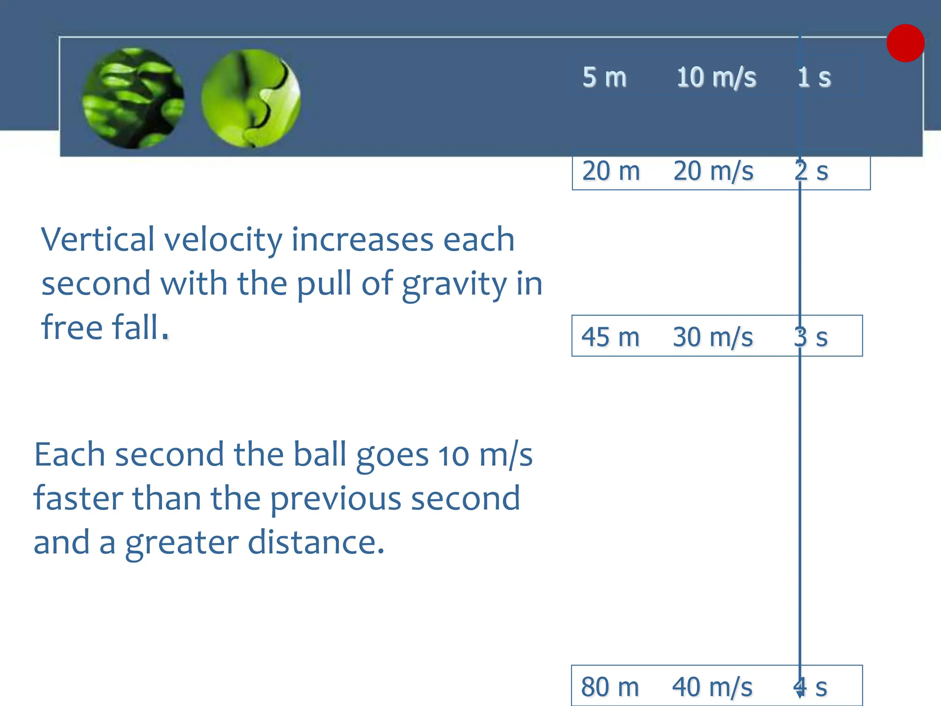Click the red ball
pos(905,43)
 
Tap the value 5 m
pos(604,77)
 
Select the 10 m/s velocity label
pos(716,77)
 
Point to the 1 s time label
pos(814,77)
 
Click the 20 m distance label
pos(611,171)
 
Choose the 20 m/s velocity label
pos(713,171)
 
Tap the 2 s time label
pos(811,171)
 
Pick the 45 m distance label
pos(610,337)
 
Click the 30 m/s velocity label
pos(713,337)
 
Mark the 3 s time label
pos(811,337)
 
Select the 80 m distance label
pos(610,687)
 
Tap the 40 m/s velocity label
pos(712,687)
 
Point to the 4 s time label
pos(810,687)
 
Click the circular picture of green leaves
pos(133,98)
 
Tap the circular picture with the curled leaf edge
pos(251,98)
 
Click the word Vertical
pos(97,239)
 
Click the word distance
pos(316,542)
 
